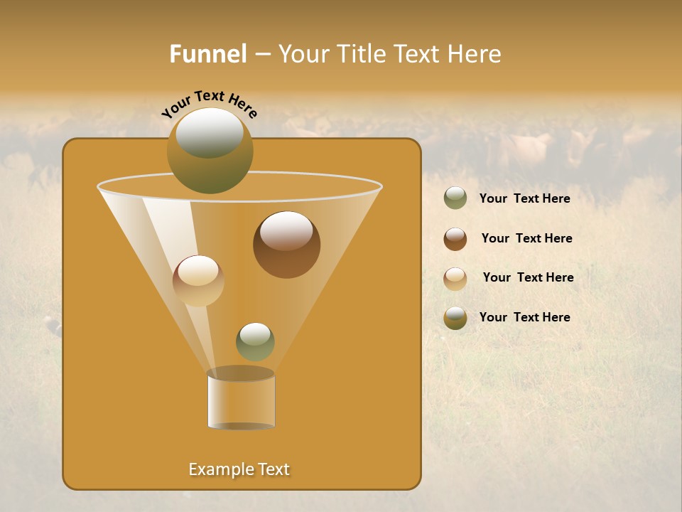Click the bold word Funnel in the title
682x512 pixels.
click(x=207, y=54)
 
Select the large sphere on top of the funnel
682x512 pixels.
click(x=210, y=151)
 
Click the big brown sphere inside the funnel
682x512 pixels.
click(x=286, y=245)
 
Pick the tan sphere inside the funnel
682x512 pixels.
click(x=198, y=281)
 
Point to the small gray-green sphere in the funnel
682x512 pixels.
click(x=255, y=341)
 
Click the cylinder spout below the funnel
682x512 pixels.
click(x=241, y=400)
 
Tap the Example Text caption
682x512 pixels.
click(x=239, y=469)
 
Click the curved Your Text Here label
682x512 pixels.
click(x=210, y=104)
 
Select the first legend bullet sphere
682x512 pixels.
click(x=455, y=198)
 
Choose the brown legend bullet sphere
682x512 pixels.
click(x=455, y=239)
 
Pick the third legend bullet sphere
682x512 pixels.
click(x=455, y=279)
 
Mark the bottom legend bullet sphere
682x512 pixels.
click(x=455, y=318)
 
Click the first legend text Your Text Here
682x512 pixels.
click(x=524, y=198)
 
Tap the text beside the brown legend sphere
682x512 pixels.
click(x=526, y=238)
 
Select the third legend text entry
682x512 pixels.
click(x=528, y=277)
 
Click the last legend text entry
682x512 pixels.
click(x=524, y=317)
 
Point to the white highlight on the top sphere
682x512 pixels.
click(x=209, y=132)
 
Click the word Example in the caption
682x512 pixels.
click(x=216, y=469)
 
